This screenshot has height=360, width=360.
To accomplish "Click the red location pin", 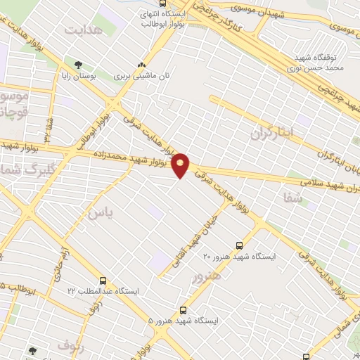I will [181, 165].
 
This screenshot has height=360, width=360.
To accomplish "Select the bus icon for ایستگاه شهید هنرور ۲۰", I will [240, 245].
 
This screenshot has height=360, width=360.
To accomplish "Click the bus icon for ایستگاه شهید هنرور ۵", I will [184, 309].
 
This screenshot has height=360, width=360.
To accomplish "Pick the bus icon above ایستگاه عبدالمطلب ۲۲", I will [103, 281].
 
